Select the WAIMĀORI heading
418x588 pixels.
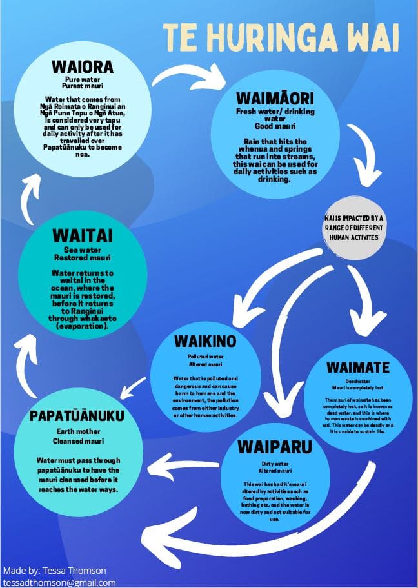coord(275,100)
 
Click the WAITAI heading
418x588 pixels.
coord(79,234)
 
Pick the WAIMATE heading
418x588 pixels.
coord(357,367)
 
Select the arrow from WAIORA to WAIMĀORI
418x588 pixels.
coord(187,76)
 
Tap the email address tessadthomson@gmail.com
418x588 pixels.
coord(59,582)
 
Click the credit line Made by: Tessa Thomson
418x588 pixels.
coord(54,571)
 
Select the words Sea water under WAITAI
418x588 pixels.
coord(79,250)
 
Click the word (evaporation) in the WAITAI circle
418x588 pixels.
coord(79,327)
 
